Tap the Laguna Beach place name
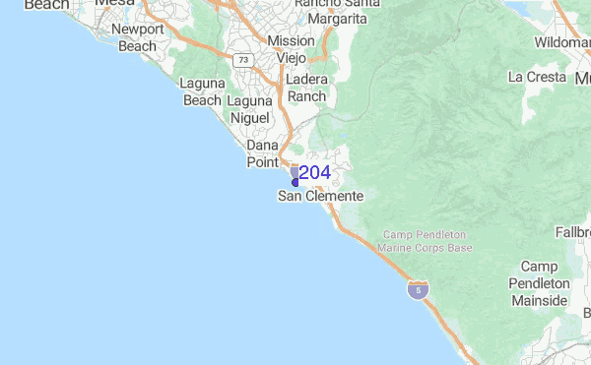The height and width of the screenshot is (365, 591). [202, 91]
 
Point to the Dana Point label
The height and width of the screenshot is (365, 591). [262, 152]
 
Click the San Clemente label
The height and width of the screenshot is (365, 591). [321, 197]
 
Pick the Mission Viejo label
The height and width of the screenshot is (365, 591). [291, 49]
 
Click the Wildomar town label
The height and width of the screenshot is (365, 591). [561, 43]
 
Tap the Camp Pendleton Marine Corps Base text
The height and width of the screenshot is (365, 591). [427, 241]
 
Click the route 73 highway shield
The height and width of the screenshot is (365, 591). [242, 60]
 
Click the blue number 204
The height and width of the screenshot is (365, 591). [314, 173]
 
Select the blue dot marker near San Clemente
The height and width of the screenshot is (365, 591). [295, 182]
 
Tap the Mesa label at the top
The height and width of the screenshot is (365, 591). [114, 5]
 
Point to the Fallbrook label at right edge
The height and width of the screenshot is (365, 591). [573, 232]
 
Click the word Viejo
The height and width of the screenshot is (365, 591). [292, 57]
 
